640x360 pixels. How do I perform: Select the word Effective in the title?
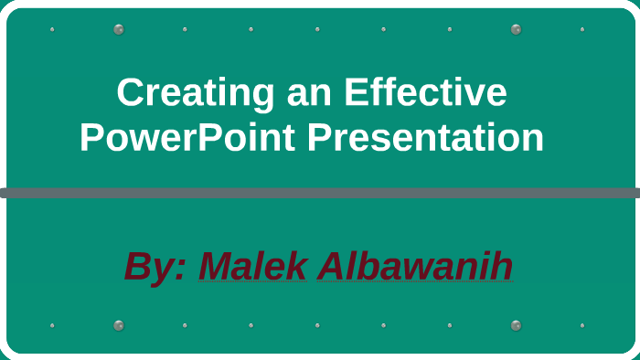[425, 93]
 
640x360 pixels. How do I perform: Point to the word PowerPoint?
[187, 138]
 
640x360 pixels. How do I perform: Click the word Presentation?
[425, 138]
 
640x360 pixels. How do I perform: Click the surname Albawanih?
[415, 267]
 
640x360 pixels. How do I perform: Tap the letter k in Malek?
[295, 267]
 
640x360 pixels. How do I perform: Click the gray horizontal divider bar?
[320, 193]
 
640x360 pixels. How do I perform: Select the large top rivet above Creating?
[119, 29]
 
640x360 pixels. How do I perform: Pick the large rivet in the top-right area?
[516, 29]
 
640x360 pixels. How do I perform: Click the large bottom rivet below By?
[119, 325]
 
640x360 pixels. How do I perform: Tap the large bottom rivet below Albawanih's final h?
[516, 325]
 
